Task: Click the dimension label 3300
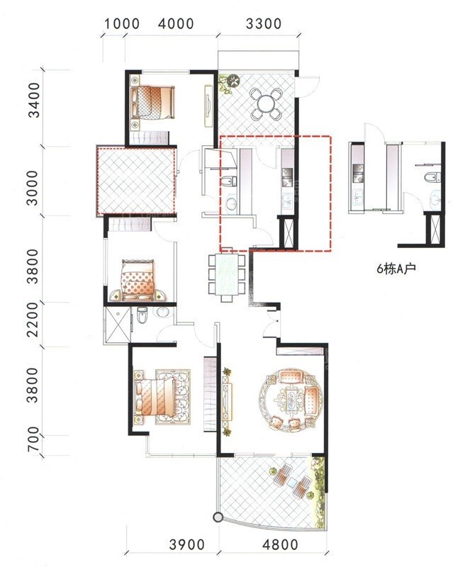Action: tap(263, 24)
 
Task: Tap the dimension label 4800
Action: tap(280, 544)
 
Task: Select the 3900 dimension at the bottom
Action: tap(186, 544)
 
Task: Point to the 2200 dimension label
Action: tap(33, 320)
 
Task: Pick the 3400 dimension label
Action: tap(34, 100)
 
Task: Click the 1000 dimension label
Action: tap(122, 24)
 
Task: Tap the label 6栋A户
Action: tap(396, 269)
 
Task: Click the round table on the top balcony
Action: tap(266, 103)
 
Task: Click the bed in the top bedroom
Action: tap(153, 103)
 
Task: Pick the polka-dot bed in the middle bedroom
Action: tap(138, 280)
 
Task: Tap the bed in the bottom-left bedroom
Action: tap(155, 397)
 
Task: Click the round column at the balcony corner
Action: tap(218, 517)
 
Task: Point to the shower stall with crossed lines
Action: tap(117, 325)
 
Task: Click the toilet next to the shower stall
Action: tap(142, 315)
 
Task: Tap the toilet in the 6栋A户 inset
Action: tap(432, 177)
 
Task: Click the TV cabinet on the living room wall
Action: tap(227, 398)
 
